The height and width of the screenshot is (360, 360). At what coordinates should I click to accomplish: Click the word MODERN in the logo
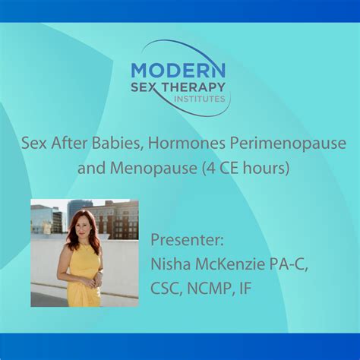(x=178, y=70)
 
